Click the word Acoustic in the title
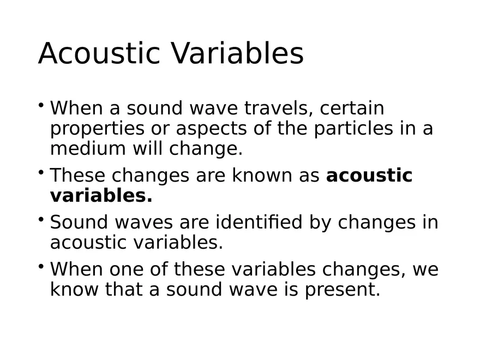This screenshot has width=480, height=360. pyautogui.click(x=98, y=53)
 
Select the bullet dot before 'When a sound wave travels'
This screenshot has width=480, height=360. pyautogui.click(x=41, y=104)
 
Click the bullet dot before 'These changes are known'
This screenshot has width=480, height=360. pyautogui.click(x=41, y=171)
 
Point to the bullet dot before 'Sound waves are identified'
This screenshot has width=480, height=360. pyautogui.click(x=41, y=218)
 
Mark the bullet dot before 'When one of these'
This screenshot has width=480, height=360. pyautogui.click(x=41, y=265)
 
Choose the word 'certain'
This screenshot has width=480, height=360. pyautogui.click(x=352, y=108)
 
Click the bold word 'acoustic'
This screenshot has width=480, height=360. pyautogui.click(x=369, y=176)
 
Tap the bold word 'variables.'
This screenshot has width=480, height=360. pyautogui.click(x=101, y=195)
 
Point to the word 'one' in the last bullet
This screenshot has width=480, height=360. pyautogui.click(x=127, y=269)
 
